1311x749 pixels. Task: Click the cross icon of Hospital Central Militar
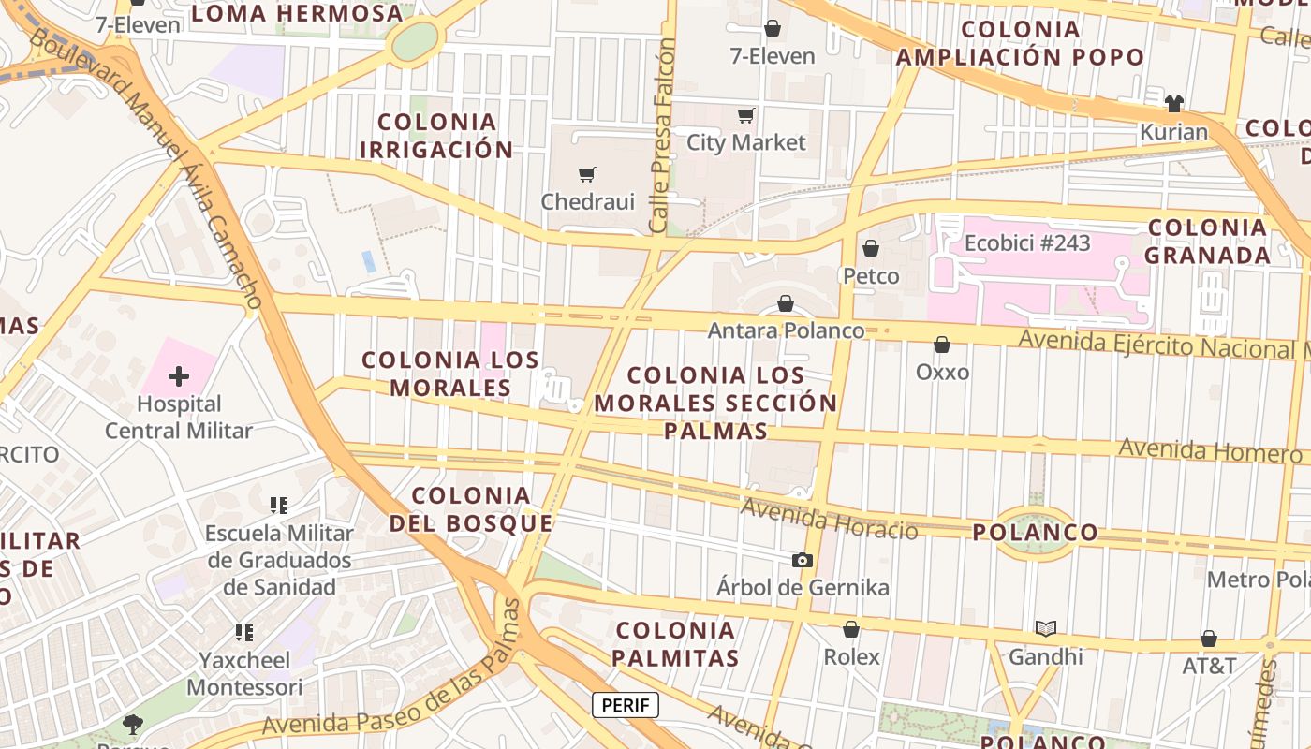[x=179, y=377]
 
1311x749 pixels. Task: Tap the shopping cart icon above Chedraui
[x=587, y=174]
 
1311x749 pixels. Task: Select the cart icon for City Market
[x=746, y=116]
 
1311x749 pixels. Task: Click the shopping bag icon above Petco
[x=871, y=248]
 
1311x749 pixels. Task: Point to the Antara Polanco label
[x=786, y=330]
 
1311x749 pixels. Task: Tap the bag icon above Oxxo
[x=942, y=345]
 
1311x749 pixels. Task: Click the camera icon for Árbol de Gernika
[x=803, y=560]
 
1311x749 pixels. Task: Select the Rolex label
[x=851, y=657]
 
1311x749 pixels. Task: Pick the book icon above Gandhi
[x=1045, y=628]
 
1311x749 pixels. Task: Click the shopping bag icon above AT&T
[x=1209, y=639]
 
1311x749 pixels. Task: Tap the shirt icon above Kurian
[x=1174, y=103]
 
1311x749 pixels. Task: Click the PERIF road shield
[x=626, y=705]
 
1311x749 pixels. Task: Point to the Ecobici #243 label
[x=1027, y=243]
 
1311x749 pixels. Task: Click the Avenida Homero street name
[x=1210, y=450]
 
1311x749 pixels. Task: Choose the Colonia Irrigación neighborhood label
[x=436, y=136]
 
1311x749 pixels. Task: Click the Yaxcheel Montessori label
[x=244, y=673]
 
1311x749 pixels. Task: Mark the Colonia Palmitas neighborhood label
[x=676, y=643]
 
